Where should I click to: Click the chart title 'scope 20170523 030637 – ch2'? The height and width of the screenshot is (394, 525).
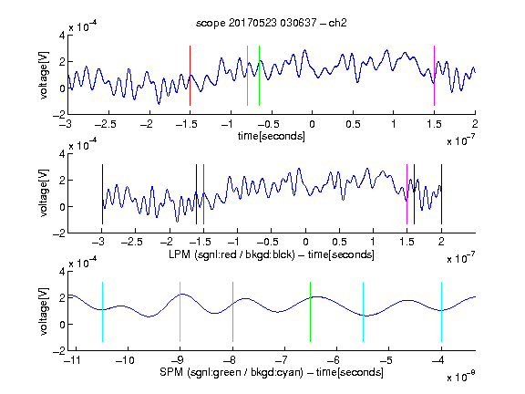[x=272, y=23]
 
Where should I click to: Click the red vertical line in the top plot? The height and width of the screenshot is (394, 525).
[x=190, y=76]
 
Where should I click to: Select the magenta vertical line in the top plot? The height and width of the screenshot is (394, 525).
[x=434, y=76]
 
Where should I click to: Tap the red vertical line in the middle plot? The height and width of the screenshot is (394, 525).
[x=203, y=194]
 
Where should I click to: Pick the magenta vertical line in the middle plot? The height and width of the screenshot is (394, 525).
[x=407, y=194]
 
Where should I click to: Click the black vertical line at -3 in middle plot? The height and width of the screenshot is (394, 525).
[x=102, y=194]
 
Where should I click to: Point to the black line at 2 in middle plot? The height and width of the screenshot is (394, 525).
[x=441, y=194]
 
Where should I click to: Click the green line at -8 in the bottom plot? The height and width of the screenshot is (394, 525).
[x=232, y=312]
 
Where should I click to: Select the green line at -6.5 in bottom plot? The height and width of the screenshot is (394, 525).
[x=311, y=312]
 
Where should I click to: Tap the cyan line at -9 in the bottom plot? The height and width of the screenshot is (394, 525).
[x=180, y=312]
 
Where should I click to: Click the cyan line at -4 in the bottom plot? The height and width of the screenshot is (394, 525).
[x=441, y=312]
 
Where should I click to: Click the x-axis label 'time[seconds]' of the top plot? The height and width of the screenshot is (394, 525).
[x=272, y=136]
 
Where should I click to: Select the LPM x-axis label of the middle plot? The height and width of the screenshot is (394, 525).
[x=272, y=254]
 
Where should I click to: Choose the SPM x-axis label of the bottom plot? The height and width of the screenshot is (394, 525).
[x=272, y=372]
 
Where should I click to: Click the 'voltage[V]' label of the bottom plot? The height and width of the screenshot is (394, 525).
[x=44, y=311]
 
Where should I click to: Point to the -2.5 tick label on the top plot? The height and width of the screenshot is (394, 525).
[x=106, y=124]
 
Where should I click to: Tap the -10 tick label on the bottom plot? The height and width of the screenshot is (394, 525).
[x=125, y=360]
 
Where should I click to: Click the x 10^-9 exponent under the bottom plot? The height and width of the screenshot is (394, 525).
[x=461, y=377]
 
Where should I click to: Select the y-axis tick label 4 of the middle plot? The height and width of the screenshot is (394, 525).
[x=62, y=154]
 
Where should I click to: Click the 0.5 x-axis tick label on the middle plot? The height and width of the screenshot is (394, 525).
[x=339, y=242]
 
